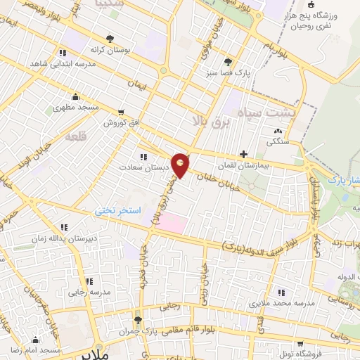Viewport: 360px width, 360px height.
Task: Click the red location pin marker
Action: [180, 165]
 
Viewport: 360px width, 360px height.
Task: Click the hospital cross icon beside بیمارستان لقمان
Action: [243, 153]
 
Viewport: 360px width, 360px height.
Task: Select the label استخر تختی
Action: [119, 210]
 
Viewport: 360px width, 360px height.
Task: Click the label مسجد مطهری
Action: [76, 108]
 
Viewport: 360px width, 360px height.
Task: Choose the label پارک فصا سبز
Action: [228, 72]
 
